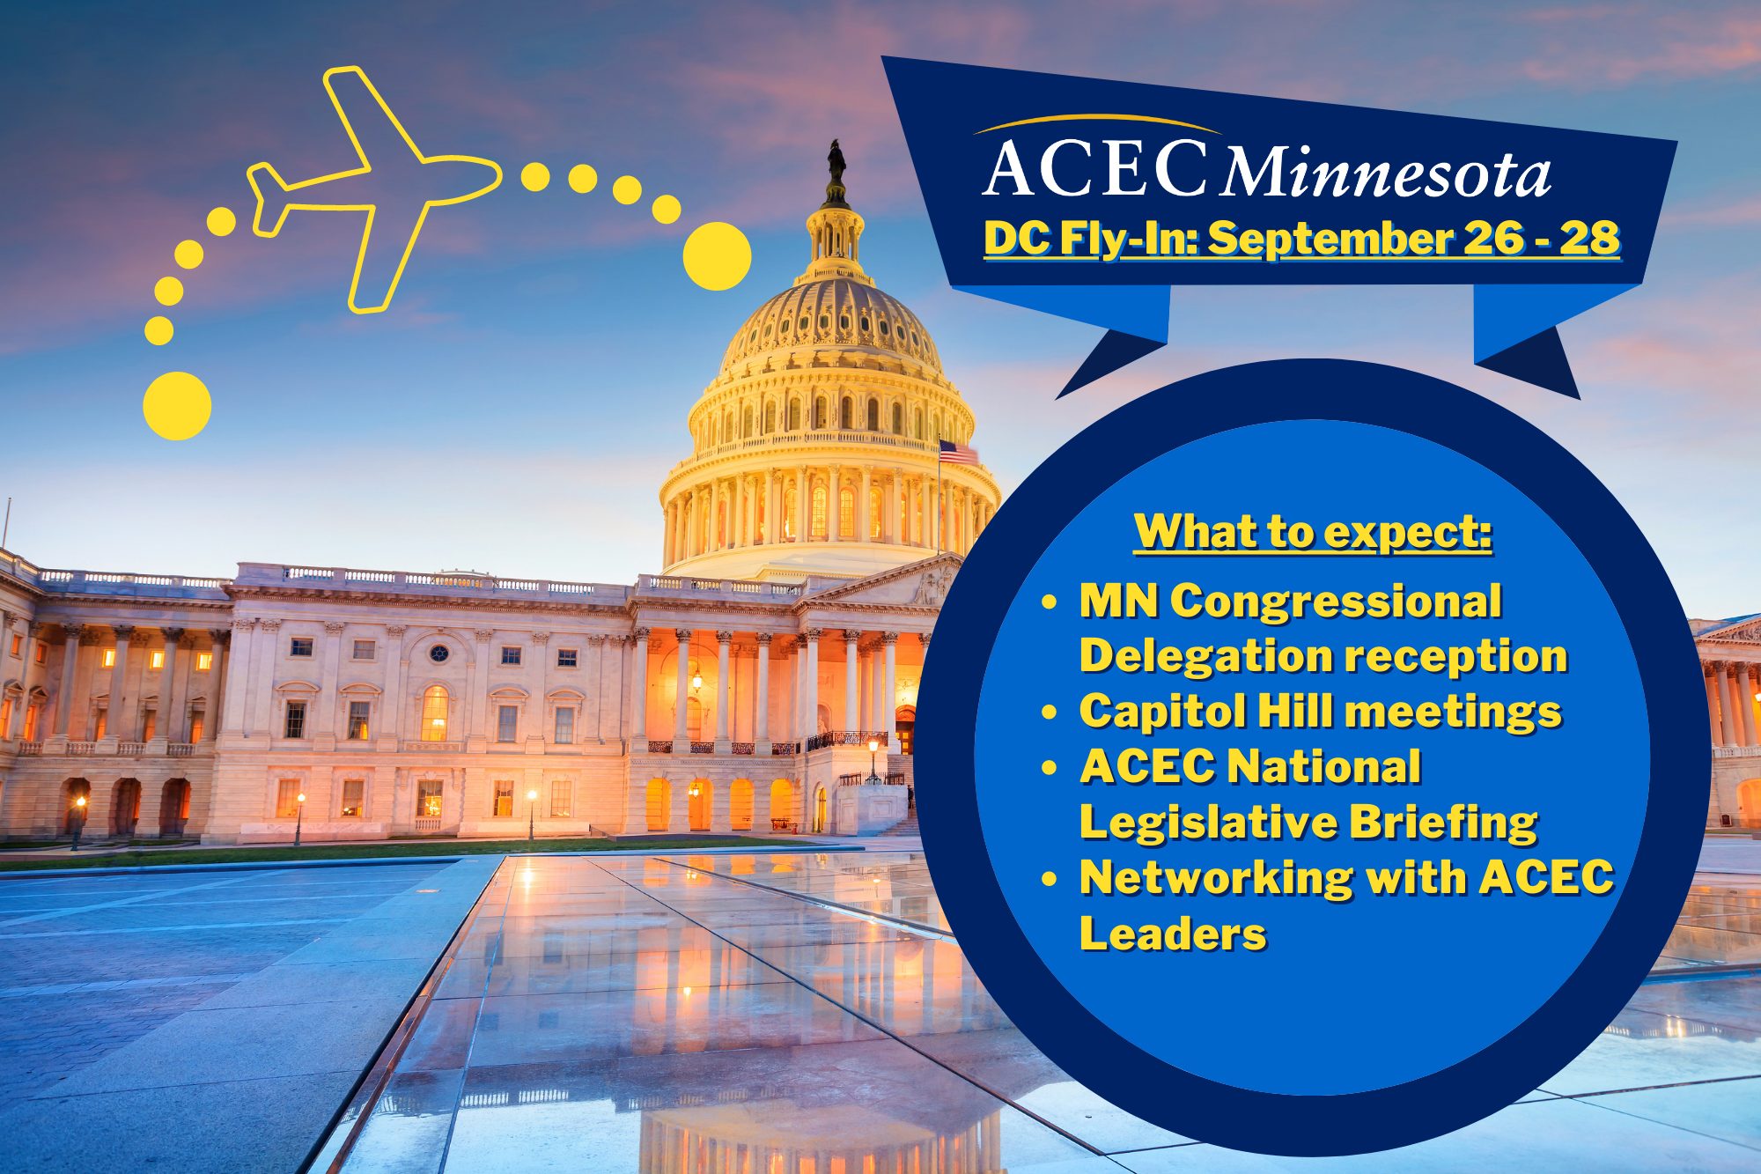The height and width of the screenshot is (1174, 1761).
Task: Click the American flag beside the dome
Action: tap(958, 453)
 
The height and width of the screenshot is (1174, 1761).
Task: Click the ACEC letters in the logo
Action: tap(1095, 167)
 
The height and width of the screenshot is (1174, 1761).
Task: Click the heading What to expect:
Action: tap(1313, 533)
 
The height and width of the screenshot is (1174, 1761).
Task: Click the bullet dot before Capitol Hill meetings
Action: tap(1049, 712)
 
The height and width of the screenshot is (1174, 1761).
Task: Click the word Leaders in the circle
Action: tap(1173, 933)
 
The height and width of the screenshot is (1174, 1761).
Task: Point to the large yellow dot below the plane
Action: tap(177, 406)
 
